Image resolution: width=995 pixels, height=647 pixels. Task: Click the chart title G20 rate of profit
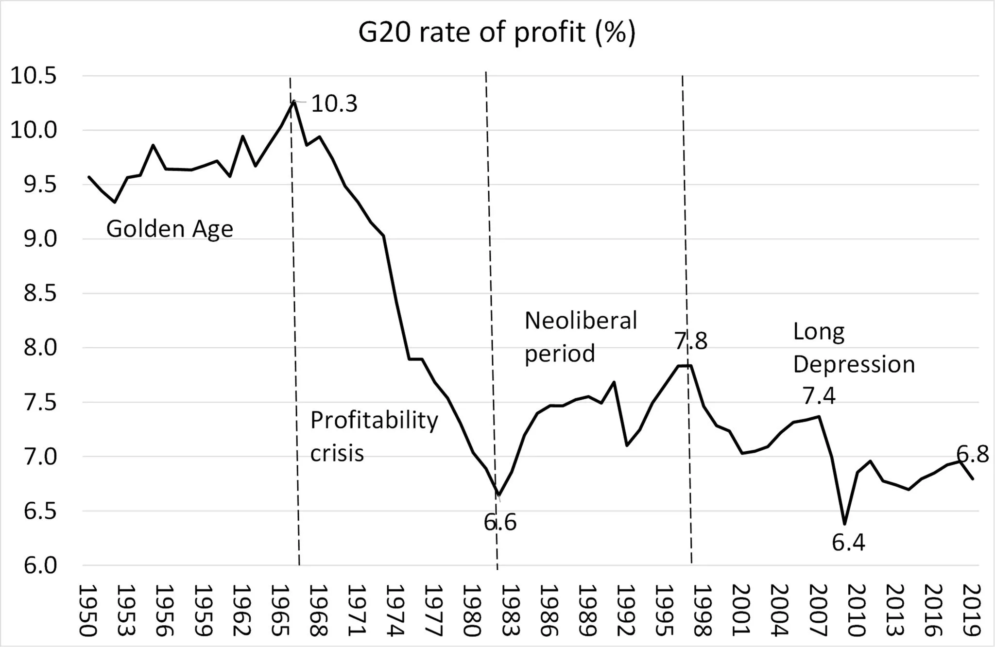pyautogui.click(x=497, y=33)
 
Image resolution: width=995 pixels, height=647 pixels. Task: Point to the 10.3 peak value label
pyautogui.click(x=334, y=104)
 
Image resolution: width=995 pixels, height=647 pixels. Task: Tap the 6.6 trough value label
pyautogui.click(x=500, y=522)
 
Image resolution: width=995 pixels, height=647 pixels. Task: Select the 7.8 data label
pyautogui.click(x=691, y=341)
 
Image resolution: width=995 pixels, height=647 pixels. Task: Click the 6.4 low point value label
pyautogui.click(x=848, y=543)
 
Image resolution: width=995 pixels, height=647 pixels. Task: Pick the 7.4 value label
pyautogui.click(x=819, y=396)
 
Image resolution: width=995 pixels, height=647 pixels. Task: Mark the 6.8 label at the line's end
pyautogui.click(x=973, y=455)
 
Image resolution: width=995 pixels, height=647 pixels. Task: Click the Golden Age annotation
pyautogui.click(x=170, y=228)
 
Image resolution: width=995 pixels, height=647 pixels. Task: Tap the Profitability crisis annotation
pyautogui.click(x=374, y=436)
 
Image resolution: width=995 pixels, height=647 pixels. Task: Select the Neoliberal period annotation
pyautogui.click(x=581, y=337)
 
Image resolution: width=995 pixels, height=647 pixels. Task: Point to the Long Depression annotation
pyautogui.click(x=854, y=348)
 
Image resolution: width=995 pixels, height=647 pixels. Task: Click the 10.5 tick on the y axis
pyautogui.click(x=34, y=76)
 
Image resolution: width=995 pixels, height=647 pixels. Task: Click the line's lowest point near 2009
pyautogui.click(x=845, y=524)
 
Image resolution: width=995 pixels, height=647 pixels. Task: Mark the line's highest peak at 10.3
pyautogui.click(x=293, y=101)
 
